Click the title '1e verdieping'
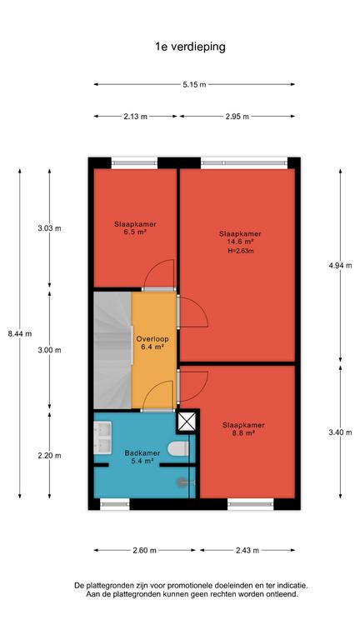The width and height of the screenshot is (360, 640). (190, 47)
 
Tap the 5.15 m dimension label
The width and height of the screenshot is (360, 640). (194, 84)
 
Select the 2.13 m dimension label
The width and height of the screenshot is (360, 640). (136, 117)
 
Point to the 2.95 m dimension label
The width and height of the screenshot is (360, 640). (237, 117)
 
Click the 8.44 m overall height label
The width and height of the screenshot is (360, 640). (20, 333)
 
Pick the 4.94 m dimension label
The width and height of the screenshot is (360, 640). (340, 265)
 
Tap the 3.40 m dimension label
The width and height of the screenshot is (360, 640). (340, 432)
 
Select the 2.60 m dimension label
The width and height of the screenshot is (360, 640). (144, 550)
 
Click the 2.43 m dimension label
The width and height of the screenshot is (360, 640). (247, 550)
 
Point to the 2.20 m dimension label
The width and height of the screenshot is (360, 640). (49, 456)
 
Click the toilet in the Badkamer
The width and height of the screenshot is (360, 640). (178, 448)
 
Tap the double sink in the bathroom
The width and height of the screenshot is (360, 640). (102, 438)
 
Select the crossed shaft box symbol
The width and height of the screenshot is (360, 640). (187, 422)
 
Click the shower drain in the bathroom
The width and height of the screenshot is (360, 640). (181, 482)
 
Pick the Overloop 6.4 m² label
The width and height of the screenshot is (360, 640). (152, 342)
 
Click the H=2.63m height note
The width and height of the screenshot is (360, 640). (240, 251)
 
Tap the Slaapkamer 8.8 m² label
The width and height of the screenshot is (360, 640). (243, 429)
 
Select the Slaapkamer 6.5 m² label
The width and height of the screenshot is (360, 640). (135, 227)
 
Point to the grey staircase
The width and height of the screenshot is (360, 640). (113, 350)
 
